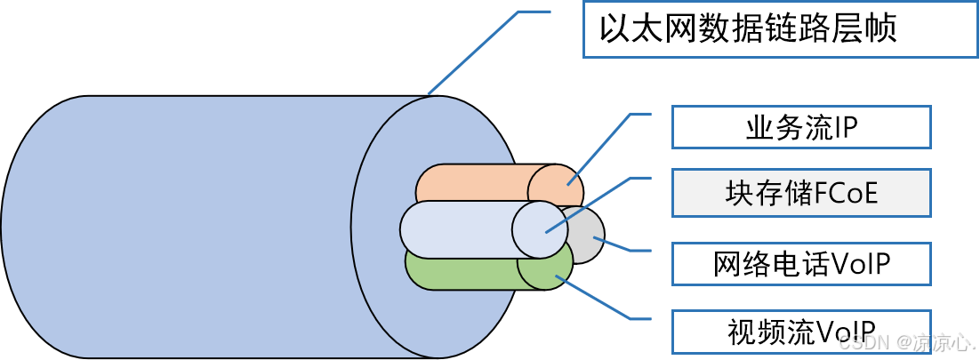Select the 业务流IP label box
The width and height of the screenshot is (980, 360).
click(x=800, y=127)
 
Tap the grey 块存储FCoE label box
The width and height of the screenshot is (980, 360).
click(x=800, y=193)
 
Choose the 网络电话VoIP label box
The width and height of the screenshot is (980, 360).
click(x=800, y=263)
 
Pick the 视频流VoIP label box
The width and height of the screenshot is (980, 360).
click(x=800, y=331)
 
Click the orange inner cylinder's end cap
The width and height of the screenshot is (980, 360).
click(x=556, y=187)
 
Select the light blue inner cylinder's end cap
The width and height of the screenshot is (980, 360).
click(x=540, y=228)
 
